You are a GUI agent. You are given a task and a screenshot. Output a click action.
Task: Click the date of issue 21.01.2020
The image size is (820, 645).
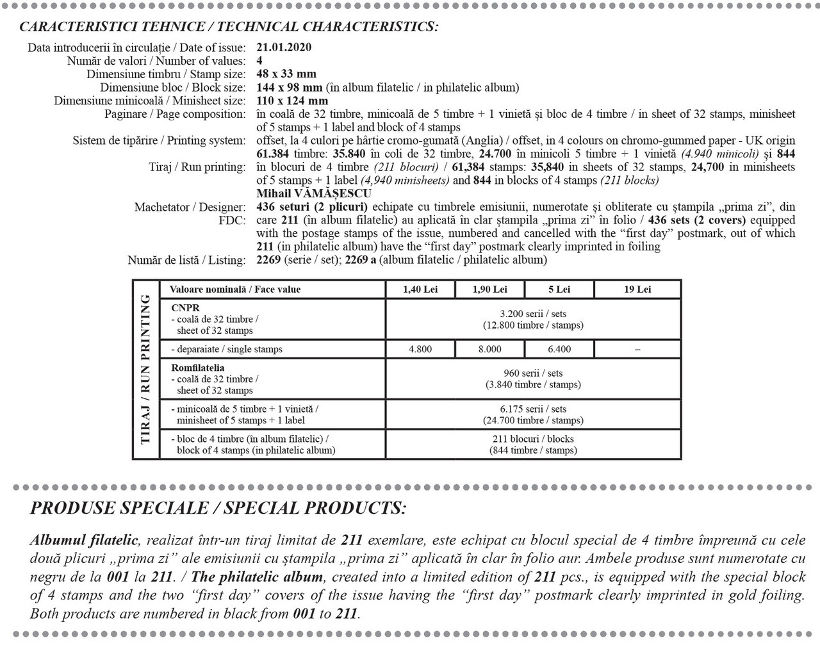284,47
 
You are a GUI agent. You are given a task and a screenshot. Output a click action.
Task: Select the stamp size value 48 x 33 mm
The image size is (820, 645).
286,74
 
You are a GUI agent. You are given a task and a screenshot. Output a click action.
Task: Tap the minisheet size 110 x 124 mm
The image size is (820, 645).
291,101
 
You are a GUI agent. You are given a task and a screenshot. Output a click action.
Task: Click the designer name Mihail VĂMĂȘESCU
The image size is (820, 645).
313,193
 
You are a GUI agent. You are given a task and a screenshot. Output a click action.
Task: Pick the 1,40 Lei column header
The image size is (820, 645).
420,290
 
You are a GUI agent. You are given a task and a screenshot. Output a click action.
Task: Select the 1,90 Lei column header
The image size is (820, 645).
489,290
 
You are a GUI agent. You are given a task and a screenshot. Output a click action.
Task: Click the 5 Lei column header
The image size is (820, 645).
559,290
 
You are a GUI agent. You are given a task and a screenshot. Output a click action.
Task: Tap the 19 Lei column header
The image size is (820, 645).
637,290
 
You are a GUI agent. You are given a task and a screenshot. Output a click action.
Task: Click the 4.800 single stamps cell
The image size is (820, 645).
420,349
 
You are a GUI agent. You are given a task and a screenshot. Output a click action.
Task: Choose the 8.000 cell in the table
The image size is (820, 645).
489,349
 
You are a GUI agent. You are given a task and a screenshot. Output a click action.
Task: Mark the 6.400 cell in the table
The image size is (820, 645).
559,349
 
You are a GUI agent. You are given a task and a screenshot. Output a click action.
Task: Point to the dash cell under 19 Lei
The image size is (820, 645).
637,349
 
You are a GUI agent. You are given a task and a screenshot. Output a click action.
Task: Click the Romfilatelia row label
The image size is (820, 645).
198,368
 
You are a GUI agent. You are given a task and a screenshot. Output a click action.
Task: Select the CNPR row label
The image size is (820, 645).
186,308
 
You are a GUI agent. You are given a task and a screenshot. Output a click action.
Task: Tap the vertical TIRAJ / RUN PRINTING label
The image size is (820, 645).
145,369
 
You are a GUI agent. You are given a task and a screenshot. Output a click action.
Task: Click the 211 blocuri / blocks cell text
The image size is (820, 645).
533,439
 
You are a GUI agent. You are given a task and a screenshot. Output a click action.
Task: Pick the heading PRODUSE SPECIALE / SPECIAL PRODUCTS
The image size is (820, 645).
218,509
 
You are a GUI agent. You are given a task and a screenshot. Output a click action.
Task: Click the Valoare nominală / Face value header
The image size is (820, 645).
235,290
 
